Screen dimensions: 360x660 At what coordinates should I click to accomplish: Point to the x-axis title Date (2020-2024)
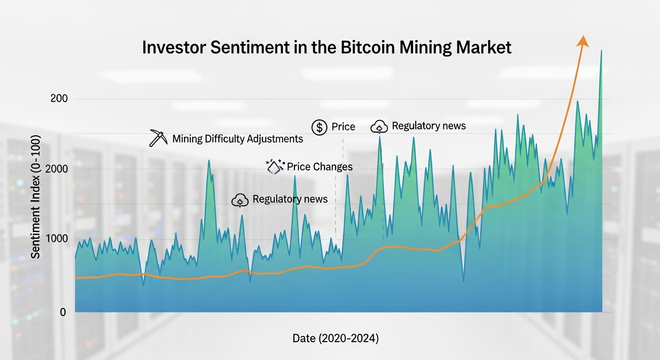click(x=335, y=338)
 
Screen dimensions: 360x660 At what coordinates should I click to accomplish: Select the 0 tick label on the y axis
click(x=63, y=312)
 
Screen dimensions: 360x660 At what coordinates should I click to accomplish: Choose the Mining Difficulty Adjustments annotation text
click(x=238, y=139)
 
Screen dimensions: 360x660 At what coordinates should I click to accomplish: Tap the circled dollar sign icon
click(x=319, y=127)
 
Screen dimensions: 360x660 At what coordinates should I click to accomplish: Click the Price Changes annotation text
click(x=320, y=167)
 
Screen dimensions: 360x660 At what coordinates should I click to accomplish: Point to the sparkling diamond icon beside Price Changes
click(x=275, y=166)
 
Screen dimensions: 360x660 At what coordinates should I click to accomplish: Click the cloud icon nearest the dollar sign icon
click(x=379, y=127)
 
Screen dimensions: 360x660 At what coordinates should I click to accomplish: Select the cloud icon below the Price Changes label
click(x=240, y=200)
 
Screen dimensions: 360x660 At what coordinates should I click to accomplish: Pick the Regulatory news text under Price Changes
click(x=290, y=199)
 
